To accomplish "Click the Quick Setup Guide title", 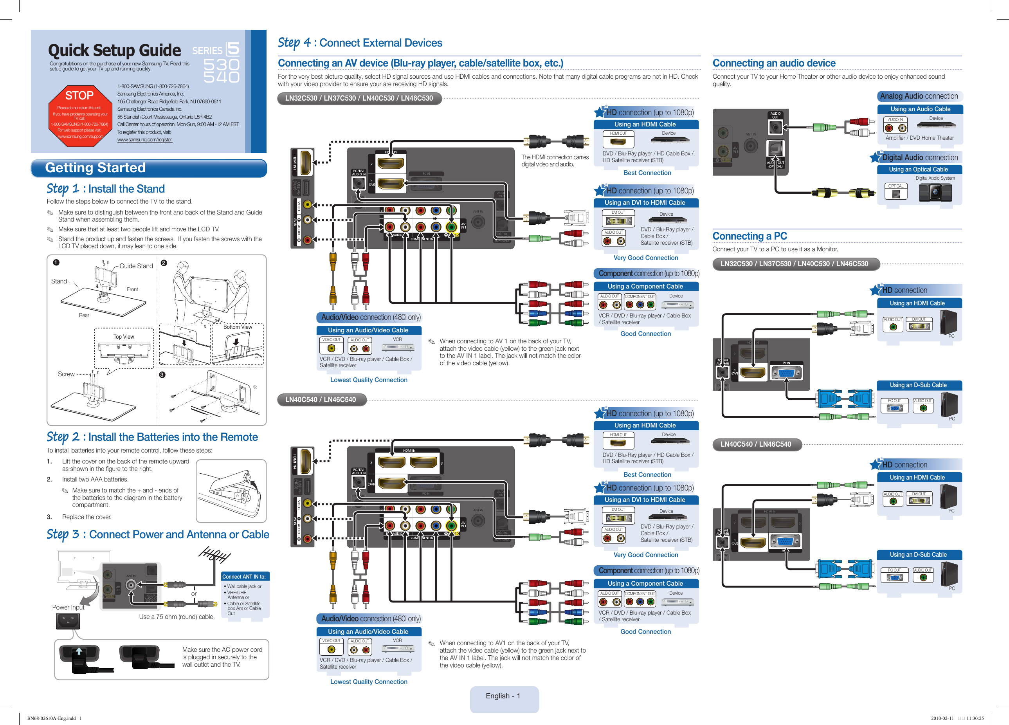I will pyautogui.click(x=114, y=50).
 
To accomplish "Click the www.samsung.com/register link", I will pyautogui.click(x=144, y=140).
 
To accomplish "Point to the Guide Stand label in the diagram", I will pyautogui.click(x=136, y=266).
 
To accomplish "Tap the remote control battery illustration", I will pyautogui.click(x=231, y=491).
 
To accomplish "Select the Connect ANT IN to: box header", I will pyautogui.click(x=244, y=576).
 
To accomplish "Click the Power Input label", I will pyautogui.click(x=68, y=607).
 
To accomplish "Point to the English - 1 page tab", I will pyautogui.click(x=503, y=696).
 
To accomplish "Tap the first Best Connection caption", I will pyautogui.click(x=647, y=173).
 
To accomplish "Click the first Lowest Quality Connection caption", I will pyautogui.click(x=368, y=380).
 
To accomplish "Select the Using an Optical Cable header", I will pyautogui.click(x=918, y=169).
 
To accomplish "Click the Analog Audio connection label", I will pyautogui.click(x=919, y=96).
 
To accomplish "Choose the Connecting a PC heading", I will pyautogui.click(x=750, y=236).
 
